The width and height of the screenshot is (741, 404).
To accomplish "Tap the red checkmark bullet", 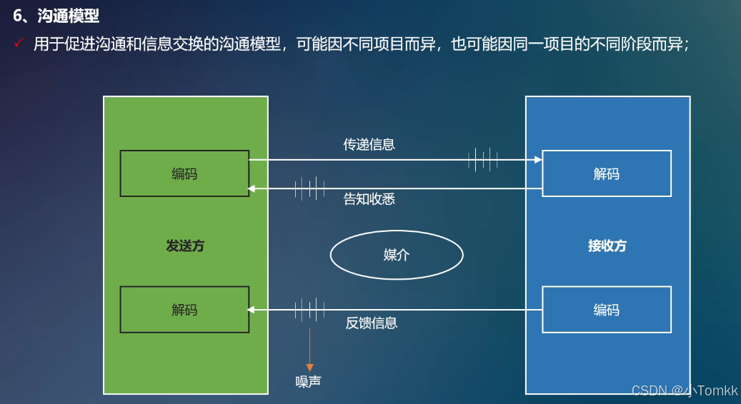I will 19,44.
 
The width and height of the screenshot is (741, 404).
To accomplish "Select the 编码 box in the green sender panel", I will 184,173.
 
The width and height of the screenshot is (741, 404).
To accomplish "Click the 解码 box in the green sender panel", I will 184,310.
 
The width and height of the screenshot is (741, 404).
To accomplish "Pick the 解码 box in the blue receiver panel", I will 606,173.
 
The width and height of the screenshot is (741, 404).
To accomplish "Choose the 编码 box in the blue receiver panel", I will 606,310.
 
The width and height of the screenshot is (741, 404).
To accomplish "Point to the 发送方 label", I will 185,246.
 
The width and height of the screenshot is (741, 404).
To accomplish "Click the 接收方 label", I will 607,246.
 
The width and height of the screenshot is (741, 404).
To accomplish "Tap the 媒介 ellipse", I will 397,255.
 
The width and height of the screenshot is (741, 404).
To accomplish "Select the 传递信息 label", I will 369,144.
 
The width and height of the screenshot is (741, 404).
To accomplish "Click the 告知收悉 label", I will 369,199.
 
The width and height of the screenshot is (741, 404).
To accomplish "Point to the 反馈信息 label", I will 371,323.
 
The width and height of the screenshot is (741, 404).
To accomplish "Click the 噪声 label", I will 309,382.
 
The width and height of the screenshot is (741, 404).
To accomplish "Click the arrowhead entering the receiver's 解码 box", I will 538,160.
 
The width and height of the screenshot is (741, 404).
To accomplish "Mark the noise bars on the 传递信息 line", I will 483,159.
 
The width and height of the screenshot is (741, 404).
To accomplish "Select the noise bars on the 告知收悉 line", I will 309,188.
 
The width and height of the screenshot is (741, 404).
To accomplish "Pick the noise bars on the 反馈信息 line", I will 309,310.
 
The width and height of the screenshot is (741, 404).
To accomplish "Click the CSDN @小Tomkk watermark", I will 685,390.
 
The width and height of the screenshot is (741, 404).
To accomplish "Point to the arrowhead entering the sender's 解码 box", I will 252,310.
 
